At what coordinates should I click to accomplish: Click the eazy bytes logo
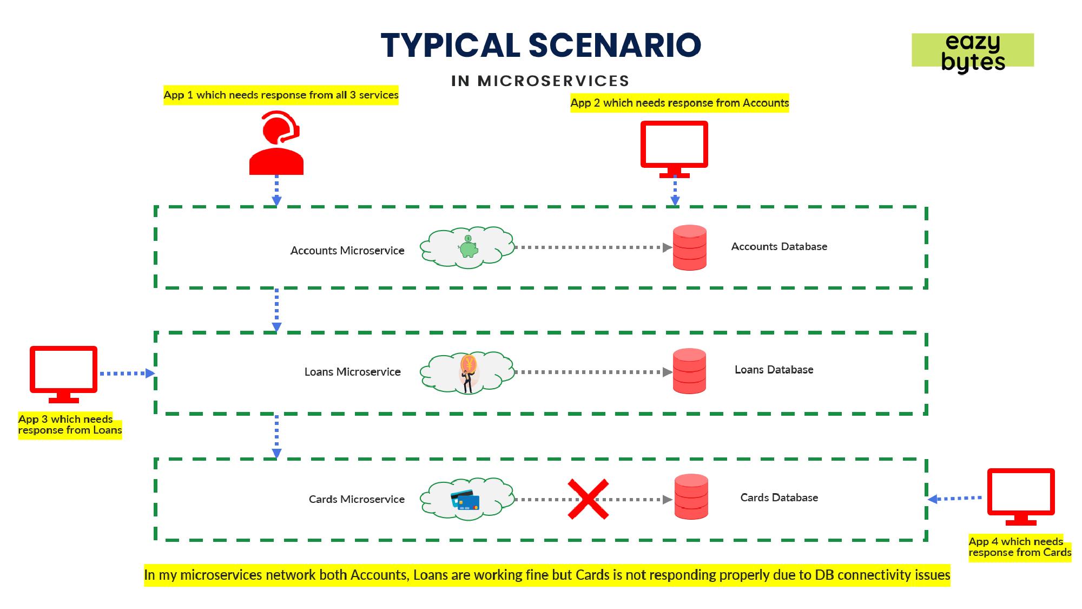pos(973,51)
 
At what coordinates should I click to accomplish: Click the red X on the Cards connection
pos(588,499)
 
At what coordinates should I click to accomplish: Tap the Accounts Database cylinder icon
pos(690,247)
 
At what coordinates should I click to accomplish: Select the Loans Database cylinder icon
pos(690,371)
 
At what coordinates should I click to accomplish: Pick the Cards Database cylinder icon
pos(691,497)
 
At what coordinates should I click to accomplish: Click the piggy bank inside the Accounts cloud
pos(468,247)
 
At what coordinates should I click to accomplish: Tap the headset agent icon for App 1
pos(276,143)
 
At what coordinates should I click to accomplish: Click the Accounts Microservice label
pos(347,251)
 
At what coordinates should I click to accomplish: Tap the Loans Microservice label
pos(352,372)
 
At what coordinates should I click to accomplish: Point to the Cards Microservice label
pos(357,499)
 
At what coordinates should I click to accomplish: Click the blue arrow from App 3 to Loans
pos(127,374)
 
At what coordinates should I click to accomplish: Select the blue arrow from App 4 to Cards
pos(955,499)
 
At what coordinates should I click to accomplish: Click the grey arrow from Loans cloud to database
pos(592,372)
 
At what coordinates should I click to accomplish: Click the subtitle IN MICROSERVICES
pos(540,81)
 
